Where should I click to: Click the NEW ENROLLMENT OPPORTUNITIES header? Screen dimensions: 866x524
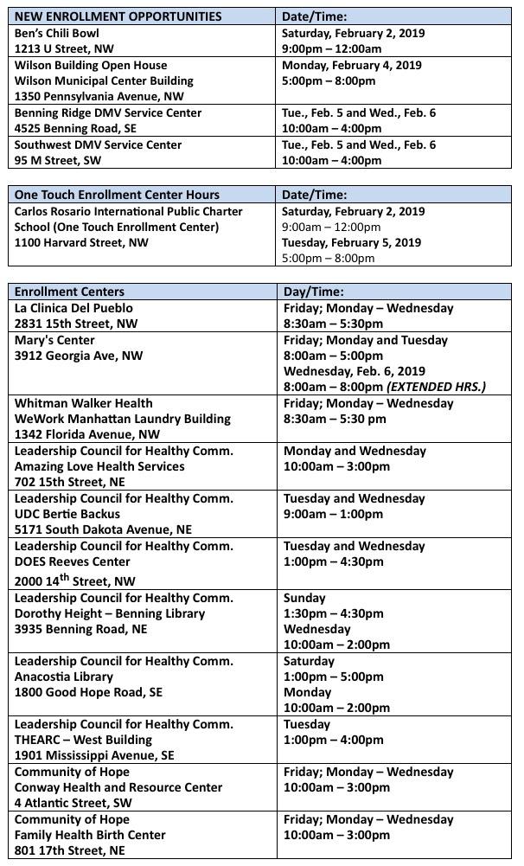point(118,16)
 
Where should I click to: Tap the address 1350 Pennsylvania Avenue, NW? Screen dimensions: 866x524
point(99,96)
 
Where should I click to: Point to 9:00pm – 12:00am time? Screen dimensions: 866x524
point(333,48)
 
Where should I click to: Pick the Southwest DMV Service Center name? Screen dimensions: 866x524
point(98,144)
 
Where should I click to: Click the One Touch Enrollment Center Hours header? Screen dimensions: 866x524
point(117,195)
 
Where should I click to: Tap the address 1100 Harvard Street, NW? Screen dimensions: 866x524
point(81,242)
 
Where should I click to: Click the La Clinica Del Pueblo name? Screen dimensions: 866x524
point(73,308)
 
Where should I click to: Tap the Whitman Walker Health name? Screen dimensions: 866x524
point(83,403)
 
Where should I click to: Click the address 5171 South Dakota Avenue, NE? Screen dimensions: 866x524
point(103,529)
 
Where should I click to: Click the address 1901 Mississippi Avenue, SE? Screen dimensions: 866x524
point(94,755)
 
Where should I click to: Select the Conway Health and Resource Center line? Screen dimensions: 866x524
point(118,787)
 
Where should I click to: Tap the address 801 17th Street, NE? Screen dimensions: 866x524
point(69,850)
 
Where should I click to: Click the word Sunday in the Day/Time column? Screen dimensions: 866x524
point(304,598)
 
